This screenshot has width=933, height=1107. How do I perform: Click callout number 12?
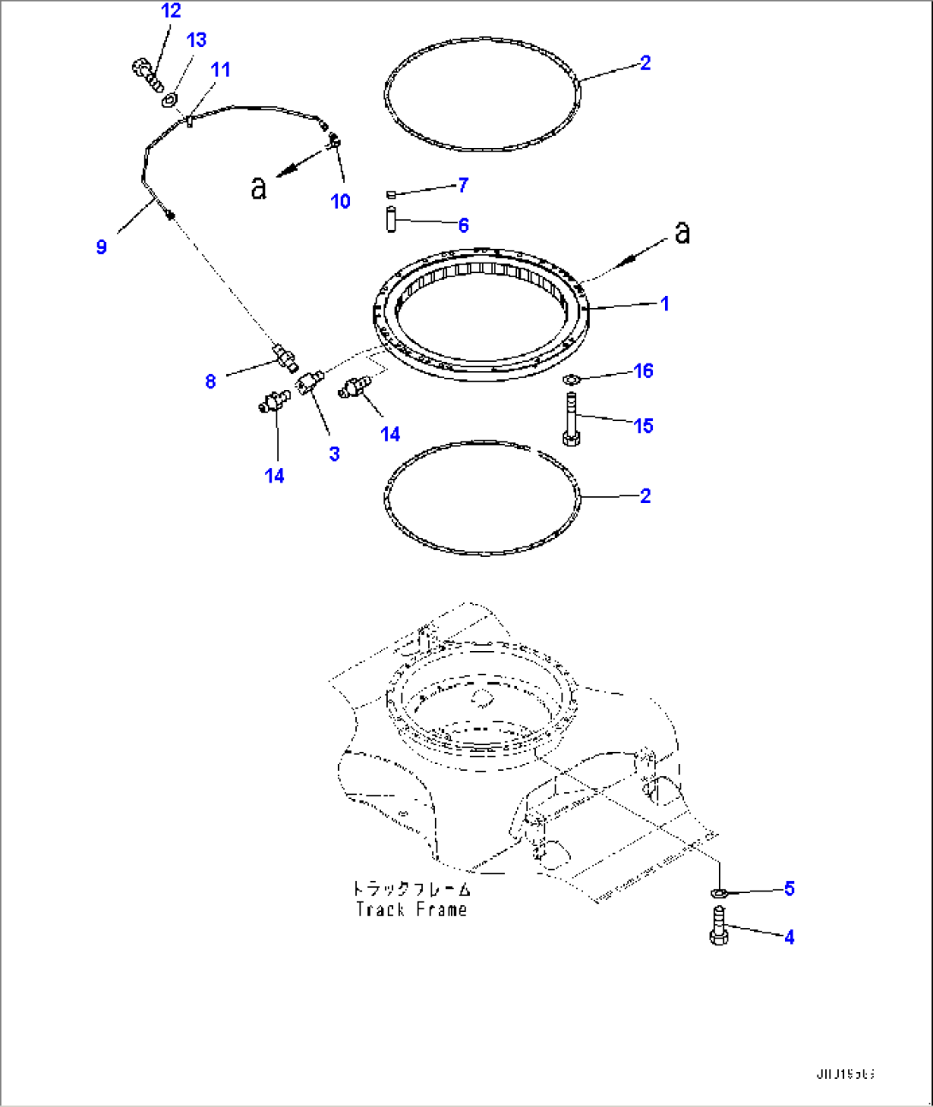pyautogui.click(x=171, y=11)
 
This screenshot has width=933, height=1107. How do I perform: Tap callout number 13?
pyautogui.click(x=196, y=40)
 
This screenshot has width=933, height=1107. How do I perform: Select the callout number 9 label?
pyautogui.click(x=101, y=247)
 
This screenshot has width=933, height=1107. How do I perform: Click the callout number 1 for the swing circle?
pyautogui.click(x=664, y=304)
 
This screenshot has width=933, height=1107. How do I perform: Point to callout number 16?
pyautogui.click(x=644, y=370)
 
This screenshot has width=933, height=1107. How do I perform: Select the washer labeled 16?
pyautogui.click(x=571, y=379)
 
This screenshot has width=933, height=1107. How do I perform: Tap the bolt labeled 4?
pyautogui.click(x=717, y=926)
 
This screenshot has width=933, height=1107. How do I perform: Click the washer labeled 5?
pyautogui.click(x=720, y=893)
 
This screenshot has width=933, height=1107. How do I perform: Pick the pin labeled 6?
pyautogui.click(x=391, y=219)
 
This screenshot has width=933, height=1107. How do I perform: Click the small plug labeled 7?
pyautogui.click(x=391, y=194)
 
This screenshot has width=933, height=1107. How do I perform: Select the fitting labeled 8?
pyautogui.click(x=286, y=357)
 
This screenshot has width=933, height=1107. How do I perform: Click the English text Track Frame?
pyautogui.click(x=412, y=909)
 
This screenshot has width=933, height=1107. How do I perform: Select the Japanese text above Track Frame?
pyautogui.click(x=412, y=889)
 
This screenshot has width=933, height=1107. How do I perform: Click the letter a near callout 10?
pyautogui.click(x=259, y=186)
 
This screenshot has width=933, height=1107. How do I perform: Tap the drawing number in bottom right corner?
pyautogui.click(x=844, y=1074)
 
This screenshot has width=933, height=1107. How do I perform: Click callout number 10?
pyautogui.click(x=341, y=201)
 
